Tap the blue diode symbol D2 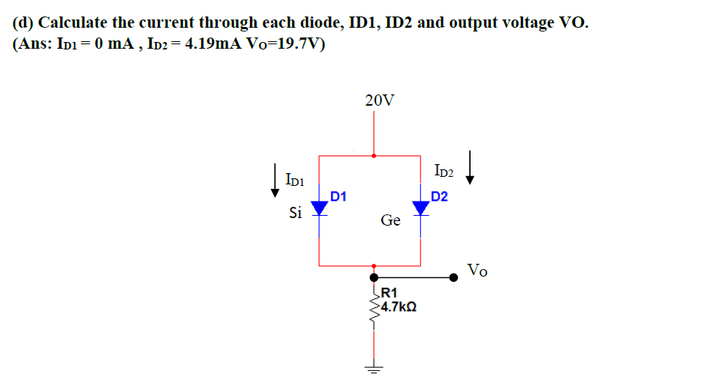click(x=420, y=208)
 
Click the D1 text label click(x=338, y=197)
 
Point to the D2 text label click(x=439, y=197)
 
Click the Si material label click(x=296, y=213)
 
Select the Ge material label click(x=390, y=220)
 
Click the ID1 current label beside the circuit click(x=294, y=180)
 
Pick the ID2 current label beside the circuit click(x=444, y=172)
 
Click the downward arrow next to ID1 click(x=275, y=181)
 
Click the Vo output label click(x=477, y=270)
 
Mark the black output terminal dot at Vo click(x=453, y=277)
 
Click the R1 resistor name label click(x=390, y=293)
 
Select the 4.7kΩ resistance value click(x=399, y=307)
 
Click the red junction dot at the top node click(x=374, y=156)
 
